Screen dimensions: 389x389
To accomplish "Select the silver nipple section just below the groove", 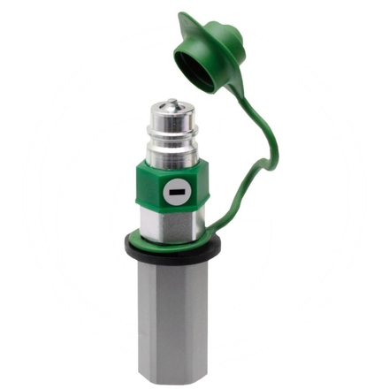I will tap(171, 152).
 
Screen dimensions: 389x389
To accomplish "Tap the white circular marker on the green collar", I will tap(176, 189).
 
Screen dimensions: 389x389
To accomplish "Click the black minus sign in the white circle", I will tap(176, 189).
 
